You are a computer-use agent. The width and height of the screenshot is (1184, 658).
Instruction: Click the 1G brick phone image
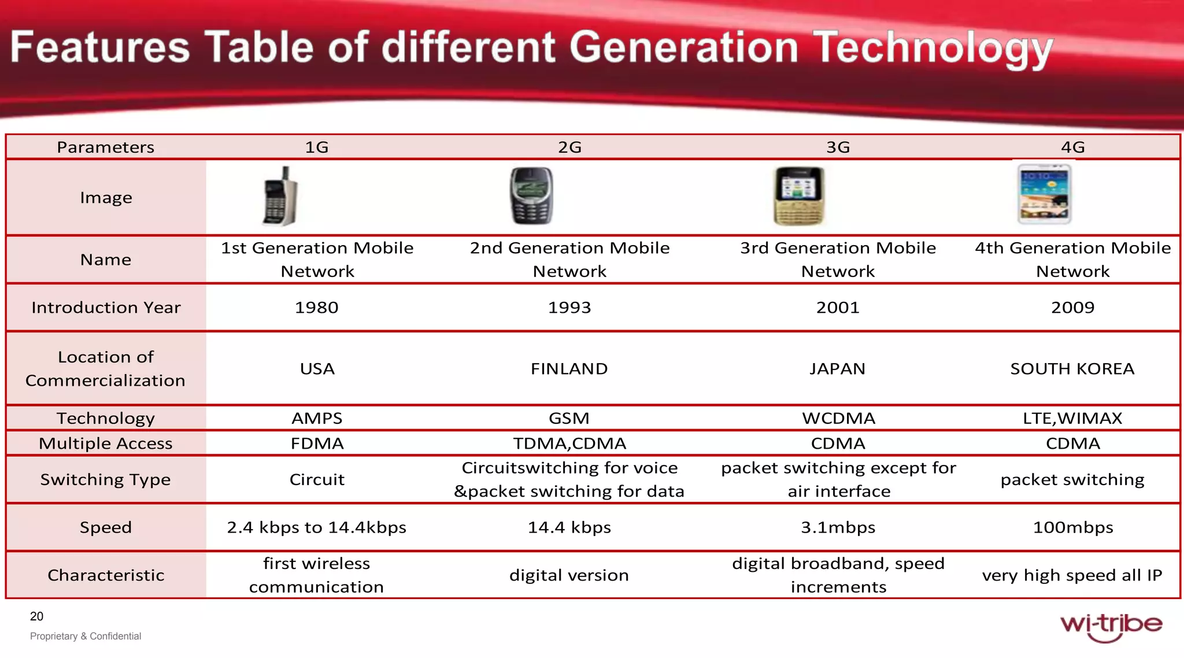[x=280, y=197]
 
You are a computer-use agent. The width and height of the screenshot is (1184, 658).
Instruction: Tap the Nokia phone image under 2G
[x=531, y=197]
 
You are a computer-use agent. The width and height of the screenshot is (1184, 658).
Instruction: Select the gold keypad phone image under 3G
[x=798, y=197]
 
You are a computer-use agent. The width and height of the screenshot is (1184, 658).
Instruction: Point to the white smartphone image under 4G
[x=1044, y=195]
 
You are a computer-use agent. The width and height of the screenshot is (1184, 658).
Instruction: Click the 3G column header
[x=838, y=147]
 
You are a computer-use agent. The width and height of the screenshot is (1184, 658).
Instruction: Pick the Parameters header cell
[x=106, y=147]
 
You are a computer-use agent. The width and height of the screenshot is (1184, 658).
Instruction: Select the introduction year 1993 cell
[x=569, y=307]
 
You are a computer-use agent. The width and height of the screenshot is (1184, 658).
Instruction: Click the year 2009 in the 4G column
[x=1072, y=307]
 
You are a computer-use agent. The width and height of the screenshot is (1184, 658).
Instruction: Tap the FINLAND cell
[x=569, y=368]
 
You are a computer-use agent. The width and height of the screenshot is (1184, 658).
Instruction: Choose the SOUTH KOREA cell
[x=1072, y=368]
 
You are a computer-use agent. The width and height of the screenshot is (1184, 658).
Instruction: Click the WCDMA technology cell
[x=838, y=418]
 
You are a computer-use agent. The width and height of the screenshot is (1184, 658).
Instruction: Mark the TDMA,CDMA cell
[x=569, y=443]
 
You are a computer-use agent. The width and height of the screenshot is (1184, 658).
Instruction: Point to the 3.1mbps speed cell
[x=838, y=527]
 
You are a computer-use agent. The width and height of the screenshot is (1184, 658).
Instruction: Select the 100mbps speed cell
[x=1072, y=527]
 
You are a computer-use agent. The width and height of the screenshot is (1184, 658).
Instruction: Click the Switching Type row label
[x=106, y=479]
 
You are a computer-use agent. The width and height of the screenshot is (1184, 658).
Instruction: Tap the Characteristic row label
[x=106, y=575]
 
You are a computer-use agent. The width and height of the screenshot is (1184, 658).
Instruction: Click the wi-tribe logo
[x=1111, y=626]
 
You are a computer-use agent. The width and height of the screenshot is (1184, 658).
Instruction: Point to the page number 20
[x=36, y=616]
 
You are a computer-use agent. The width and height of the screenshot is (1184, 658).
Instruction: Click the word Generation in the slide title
[x=684, y=47]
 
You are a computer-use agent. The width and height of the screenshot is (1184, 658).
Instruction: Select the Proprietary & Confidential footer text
[x=86, y=636]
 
